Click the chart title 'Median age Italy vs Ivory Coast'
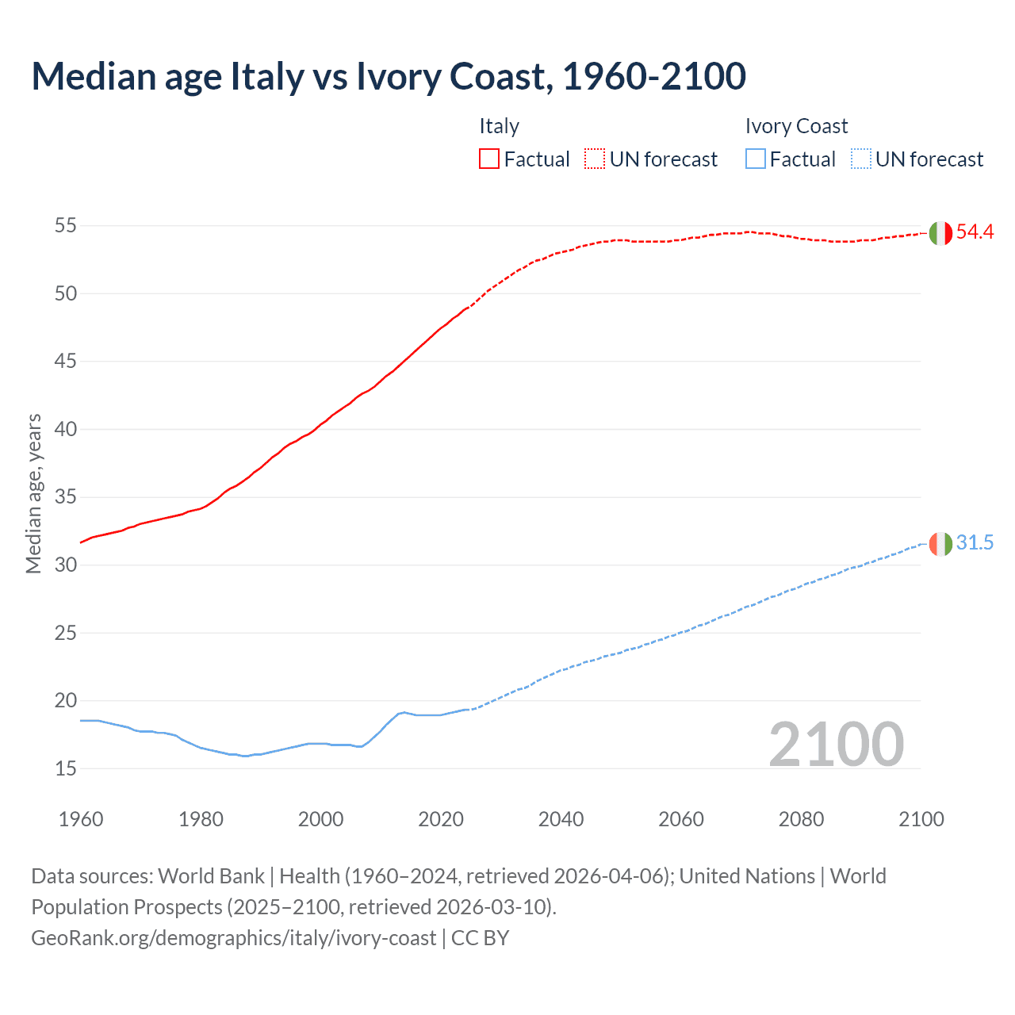point(389,76)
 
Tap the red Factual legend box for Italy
point(489,159)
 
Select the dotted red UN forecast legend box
point(595,159)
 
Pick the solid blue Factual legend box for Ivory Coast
point(756,159)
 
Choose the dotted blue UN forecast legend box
point(861,159)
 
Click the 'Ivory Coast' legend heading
point(796,126)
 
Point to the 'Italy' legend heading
point(499,126)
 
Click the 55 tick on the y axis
point(66,226)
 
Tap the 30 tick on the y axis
point(66,565)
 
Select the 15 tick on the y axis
point(66,768)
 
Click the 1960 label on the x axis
point(81,819)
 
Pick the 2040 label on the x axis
point(561,819)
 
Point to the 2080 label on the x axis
point(801,819)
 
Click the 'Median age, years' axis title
point(33,493)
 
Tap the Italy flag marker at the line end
point(940,233)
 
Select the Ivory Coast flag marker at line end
point(940,544)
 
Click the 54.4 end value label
point(975,232)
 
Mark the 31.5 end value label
point(975,543)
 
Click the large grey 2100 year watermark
point(837,744)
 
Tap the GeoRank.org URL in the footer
point(233,938)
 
